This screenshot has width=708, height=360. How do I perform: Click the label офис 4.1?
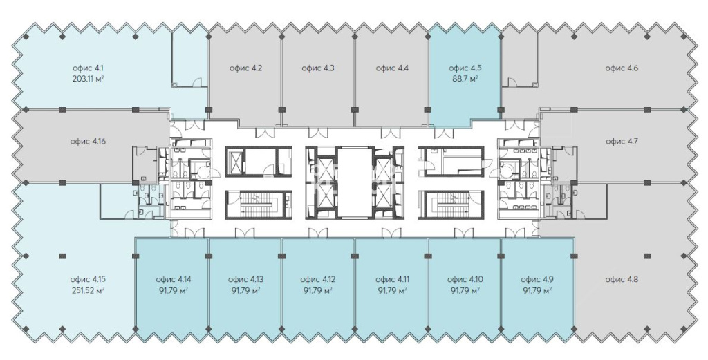tap(88, 68)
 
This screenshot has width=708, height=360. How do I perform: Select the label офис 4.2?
tap(245, 68)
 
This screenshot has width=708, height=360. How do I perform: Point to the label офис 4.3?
tap(318, 68)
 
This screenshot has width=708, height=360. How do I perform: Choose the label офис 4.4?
tap(392, 68)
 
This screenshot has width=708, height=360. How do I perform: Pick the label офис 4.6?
tap(622, 68)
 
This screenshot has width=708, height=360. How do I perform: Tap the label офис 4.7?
tap(622, 142)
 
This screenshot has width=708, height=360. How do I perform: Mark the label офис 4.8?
tap(622, 280)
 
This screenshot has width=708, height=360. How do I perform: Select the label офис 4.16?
tap(88, 142)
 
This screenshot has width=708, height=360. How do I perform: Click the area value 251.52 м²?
tap(88, 290)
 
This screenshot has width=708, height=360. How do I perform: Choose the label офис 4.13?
tap(245, 280)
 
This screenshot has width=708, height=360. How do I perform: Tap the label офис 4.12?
tap(318, 280)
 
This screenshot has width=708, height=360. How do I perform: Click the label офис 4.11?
tap(392, 280)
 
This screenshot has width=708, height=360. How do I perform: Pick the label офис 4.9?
tap(537, 280)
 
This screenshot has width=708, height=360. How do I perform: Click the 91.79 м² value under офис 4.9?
tap(537, 290)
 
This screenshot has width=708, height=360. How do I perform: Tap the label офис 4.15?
tap(88, 280)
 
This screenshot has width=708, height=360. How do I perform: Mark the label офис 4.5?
tap(465, 68)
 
